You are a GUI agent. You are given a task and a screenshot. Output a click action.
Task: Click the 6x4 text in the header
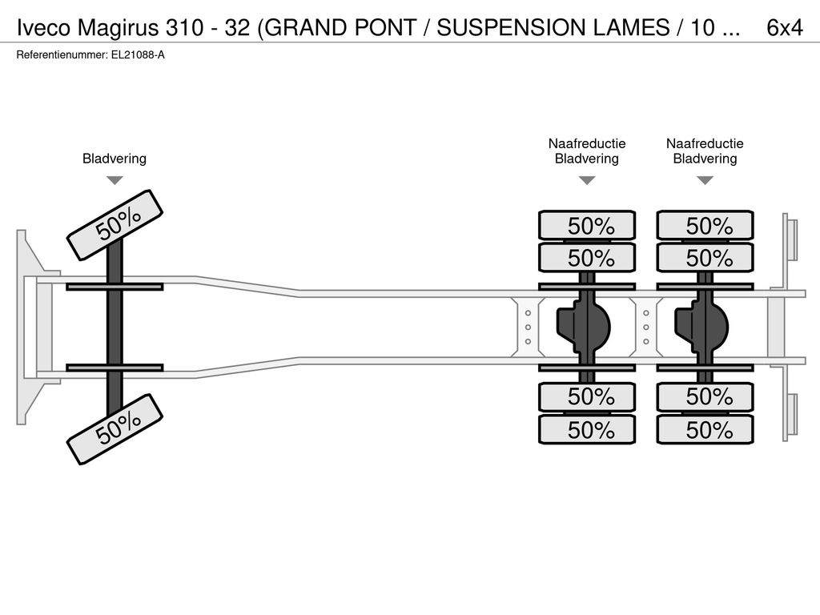pos(785,28)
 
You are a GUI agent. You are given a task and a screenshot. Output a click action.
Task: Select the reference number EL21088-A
pos(138,55)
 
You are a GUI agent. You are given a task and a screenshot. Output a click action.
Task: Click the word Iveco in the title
pos(43,28)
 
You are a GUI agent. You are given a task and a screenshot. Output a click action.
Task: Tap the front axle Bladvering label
pos(115,159)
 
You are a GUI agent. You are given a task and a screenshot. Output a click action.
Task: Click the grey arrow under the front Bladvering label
pos(115,180)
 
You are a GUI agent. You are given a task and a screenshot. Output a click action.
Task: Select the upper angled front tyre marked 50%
pos(115,225)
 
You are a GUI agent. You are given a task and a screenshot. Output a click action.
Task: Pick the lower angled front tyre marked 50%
pos(115,429)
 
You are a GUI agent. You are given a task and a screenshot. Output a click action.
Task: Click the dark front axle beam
pos(115,327)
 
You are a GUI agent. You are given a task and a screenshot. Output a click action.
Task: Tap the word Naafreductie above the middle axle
pos(587,143)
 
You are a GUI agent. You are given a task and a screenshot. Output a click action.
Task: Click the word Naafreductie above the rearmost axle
pos(705,143)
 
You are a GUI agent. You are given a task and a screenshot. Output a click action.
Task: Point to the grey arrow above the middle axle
pos(587,180)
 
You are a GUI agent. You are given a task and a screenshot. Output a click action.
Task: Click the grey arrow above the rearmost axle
pos(705,180)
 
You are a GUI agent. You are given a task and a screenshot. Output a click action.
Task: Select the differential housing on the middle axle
pos(584,328)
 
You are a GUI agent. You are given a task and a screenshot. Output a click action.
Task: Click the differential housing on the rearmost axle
pos(702,328)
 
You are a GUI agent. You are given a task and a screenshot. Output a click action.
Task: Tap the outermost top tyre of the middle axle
pos(587,226)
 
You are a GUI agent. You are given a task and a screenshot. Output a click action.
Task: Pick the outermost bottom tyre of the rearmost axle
pos(705,430)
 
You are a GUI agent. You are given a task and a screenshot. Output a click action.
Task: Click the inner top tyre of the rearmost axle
pos(705,257)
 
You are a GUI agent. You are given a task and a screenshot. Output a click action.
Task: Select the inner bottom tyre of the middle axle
pos(587,397)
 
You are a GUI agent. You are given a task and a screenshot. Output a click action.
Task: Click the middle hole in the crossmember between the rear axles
pos(646,328)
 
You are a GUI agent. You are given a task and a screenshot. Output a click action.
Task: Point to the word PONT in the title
pos(386,28)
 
